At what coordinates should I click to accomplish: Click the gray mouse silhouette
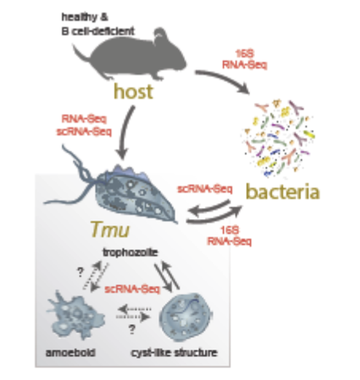point(135,57)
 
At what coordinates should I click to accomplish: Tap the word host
point(133,92)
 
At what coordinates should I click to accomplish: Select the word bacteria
point(283,191)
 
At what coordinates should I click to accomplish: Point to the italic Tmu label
point(111,229)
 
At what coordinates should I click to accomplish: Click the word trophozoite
point(131,252)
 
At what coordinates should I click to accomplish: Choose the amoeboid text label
point(70,352)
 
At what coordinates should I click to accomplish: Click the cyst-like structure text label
point(174,353)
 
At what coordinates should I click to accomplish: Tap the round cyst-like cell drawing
point(186,317)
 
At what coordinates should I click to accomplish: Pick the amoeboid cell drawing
point(75,315)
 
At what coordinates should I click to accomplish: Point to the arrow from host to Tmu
point(125,132)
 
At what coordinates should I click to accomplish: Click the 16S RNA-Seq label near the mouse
point(245,59)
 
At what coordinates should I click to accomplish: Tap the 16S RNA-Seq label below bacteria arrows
point(229,236)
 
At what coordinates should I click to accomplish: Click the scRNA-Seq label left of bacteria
point(205,189)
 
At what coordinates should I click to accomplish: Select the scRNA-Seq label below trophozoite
point(133,289)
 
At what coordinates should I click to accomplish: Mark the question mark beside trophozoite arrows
point(80,272)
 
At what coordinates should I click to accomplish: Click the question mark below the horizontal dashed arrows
point(132,329)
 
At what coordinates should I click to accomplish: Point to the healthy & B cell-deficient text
point(98,24)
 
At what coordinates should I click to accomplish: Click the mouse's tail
point(82,53)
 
